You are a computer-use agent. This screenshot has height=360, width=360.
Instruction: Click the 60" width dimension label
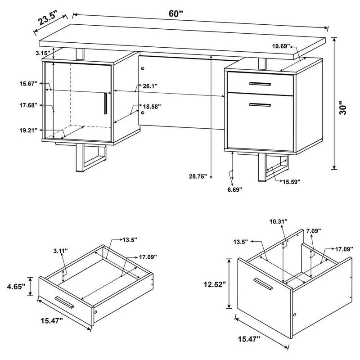click(x=176, y=13)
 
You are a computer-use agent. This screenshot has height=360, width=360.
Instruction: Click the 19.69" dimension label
click(x=281, y=45)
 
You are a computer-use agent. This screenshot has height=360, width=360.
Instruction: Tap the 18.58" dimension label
click(x=152, y=107)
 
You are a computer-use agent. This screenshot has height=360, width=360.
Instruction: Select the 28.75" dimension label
click(x=198, y=177)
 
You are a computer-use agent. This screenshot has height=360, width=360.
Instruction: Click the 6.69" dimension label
click(x=234, y=189)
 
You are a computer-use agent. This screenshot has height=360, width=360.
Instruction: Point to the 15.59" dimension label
click(x=292, y=181)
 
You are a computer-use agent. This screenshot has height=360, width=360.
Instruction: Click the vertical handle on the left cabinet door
click(x=105, y=103)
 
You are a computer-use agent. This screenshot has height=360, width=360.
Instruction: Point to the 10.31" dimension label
click(x=279, y=222)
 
